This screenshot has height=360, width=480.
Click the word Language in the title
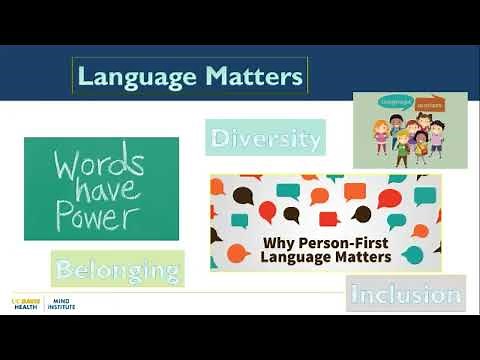(131, 75)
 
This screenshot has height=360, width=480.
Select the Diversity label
(266, 138)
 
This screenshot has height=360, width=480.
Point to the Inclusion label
(406, 294)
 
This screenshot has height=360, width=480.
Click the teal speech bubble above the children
(382, 102)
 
